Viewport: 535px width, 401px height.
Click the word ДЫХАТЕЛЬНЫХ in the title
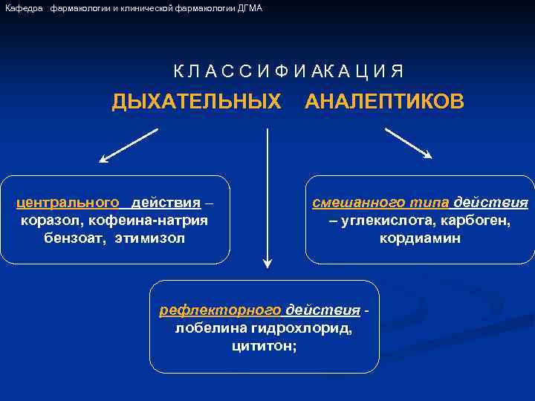tap(196, 101)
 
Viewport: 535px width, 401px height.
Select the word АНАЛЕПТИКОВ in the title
tap(385, 101)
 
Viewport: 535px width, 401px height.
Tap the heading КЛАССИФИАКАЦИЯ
tap(289, 72)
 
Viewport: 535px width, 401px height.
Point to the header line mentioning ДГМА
tap(134, 7)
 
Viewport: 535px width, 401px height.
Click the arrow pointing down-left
tap(128, 146)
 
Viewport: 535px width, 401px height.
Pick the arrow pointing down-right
tap(408, 143)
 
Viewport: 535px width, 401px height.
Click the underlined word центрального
tap(68, 203)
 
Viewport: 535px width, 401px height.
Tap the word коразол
tap(50, 221)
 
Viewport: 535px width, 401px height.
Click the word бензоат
tap(76, 238)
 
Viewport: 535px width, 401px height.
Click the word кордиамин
tap(420, 238)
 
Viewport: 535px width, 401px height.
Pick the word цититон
tap(264, 345)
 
